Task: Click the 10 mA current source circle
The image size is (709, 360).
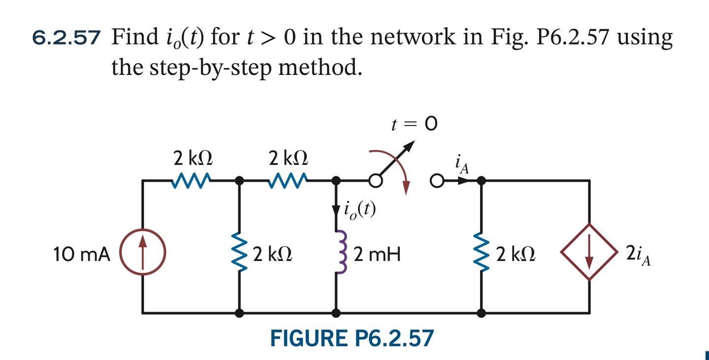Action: (143, 255)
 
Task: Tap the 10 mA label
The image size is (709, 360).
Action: (81, 255)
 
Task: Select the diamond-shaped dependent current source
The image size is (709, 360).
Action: (589, 252)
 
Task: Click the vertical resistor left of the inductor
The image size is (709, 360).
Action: (240, 254)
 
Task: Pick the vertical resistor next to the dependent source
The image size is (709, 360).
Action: (481, 254)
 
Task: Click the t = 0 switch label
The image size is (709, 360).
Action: (414, 125)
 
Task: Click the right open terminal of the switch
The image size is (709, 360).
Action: (436, 181)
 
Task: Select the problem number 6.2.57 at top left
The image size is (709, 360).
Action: (66, 38)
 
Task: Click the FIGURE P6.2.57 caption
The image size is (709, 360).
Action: (352, 338)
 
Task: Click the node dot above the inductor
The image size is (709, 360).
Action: (337, 181)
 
